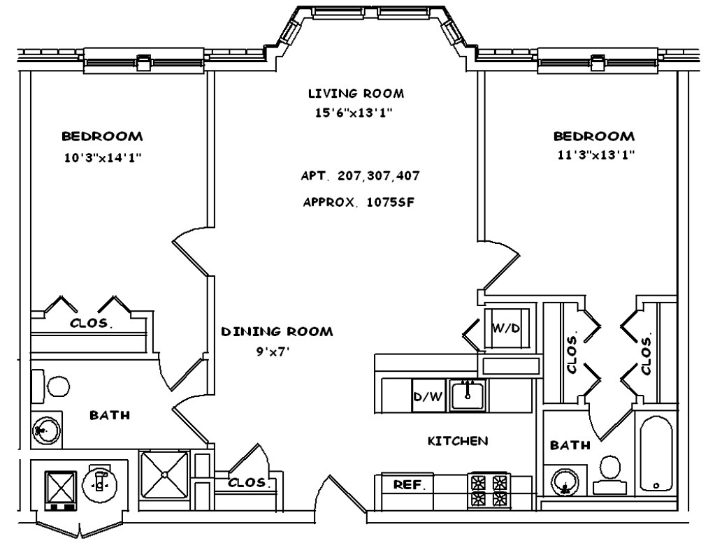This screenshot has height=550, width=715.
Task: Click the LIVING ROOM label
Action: [356, 93]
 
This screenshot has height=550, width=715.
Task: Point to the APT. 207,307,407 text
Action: [361, 175]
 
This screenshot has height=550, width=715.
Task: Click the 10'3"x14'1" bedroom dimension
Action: [103, 157]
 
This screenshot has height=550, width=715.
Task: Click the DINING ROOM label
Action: [277, 331]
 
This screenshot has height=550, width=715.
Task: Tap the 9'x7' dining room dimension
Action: [273, 352]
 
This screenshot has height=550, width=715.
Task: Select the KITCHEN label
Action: [458, 441]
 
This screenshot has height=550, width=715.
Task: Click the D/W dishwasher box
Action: [428, 397]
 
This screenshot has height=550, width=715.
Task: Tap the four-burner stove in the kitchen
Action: [489, 489]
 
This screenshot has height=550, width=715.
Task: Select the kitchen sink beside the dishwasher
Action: [468, 396]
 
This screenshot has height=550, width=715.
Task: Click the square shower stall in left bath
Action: [164, 475]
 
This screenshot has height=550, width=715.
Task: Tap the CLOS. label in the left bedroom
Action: [92, 324]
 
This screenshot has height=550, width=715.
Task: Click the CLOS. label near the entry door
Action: [248, 482]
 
